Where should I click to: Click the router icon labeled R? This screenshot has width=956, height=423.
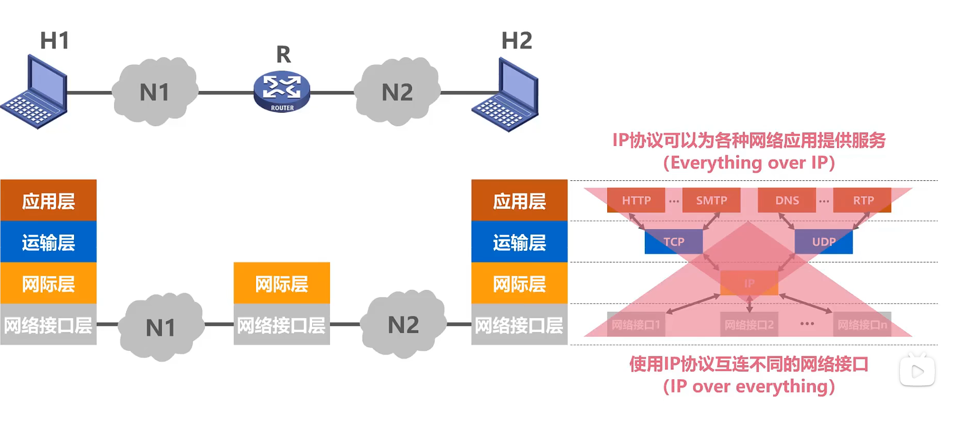(x=282, y=92)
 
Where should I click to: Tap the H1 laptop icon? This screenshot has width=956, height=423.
(x=35, y=93)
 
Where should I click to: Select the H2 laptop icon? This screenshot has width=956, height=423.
(x=506, y=95)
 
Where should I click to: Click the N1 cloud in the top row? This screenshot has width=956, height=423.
(x=155, y=92)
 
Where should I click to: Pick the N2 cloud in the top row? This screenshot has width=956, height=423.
(x=397, y=92)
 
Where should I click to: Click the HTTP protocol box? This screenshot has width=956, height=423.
(x=636, y=200)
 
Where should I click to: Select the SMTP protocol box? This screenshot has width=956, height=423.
(x=711, y=200)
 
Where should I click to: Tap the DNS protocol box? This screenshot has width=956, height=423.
(x=787, y=200)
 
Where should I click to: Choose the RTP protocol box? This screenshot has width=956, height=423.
(x=863, y=200)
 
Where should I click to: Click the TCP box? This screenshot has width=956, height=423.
(x=673, y=242)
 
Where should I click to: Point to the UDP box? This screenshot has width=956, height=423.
(x=824, y=242)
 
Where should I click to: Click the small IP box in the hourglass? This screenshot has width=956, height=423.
(x=749, y=283)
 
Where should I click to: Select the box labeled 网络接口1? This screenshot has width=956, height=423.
(x=636, y=325)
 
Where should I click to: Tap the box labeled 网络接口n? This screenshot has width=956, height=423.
(x=862, y=325)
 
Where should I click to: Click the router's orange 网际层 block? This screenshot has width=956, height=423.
(x=282, y=283)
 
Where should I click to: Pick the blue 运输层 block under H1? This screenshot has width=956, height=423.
(x=48, y=242)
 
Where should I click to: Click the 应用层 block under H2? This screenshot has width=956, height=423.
(x=519, y=200)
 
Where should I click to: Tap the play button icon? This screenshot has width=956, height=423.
(x=917, y=371)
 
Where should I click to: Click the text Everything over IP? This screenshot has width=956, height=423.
(x=748, y=163)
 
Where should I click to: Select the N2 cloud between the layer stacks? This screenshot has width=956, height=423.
(x=403, y=325)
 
